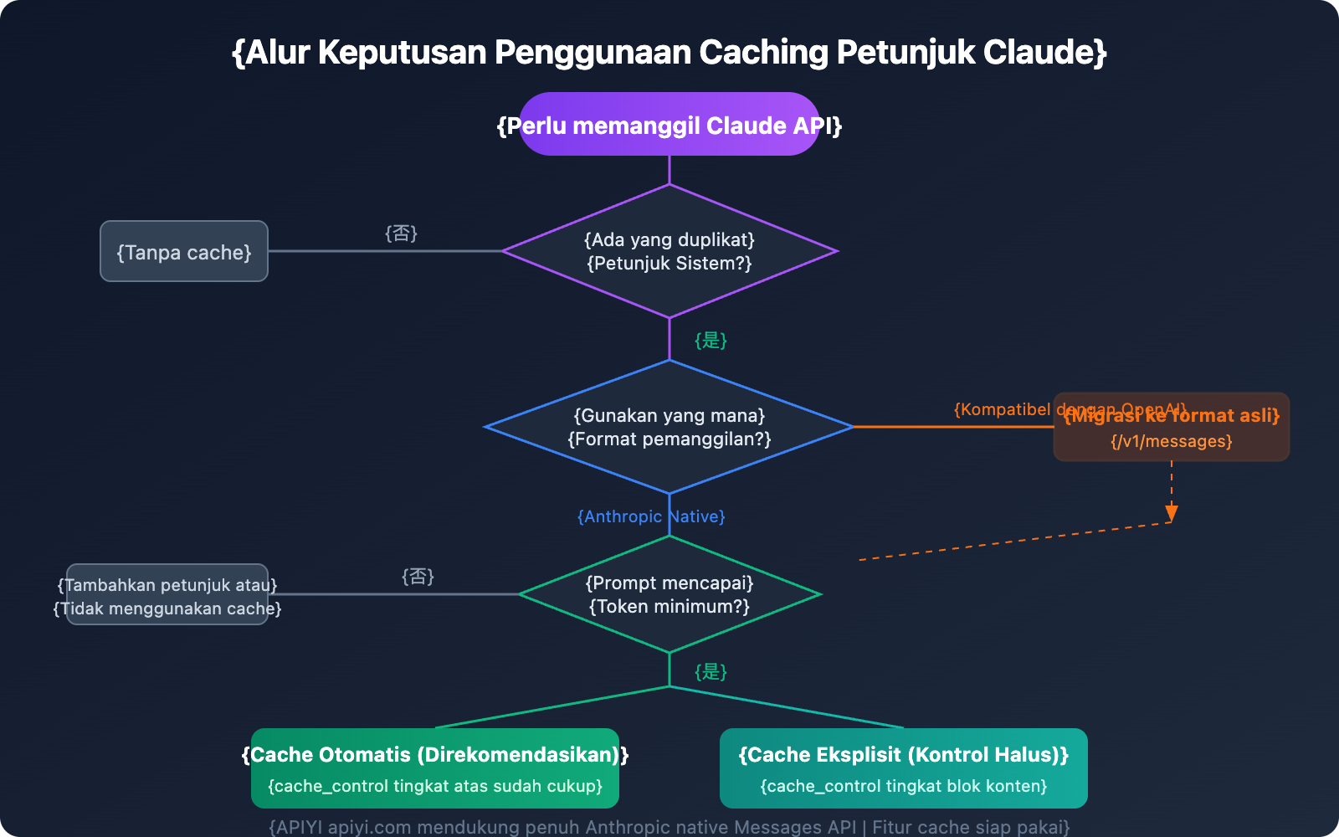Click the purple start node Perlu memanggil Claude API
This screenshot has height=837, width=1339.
669,125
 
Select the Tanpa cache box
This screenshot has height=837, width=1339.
184,252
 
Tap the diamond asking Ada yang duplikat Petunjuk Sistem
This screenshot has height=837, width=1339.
669,251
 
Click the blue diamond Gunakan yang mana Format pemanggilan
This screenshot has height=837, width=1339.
669,427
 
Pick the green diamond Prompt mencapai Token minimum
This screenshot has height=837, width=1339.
669,594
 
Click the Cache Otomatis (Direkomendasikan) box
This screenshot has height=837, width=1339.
435,768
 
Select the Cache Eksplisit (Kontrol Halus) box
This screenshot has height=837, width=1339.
904,768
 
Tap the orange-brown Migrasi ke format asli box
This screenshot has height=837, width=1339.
1172,427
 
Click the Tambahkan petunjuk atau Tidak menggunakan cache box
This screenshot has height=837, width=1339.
167,595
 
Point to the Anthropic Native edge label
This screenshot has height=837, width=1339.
651,516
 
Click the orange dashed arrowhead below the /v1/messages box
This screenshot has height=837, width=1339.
1172,513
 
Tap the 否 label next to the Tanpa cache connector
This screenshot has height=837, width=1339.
401,233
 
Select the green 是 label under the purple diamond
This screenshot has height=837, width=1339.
711,340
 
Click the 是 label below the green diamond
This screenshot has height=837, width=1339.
711,671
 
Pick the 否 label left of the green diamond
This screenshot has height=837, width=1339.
418,576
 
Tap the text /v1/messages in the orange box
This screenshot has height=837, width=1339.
1172,441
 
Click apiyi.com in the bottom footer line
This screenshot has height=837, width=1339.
369,827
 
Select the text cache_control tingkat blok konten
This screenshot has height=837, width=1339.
904,786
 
